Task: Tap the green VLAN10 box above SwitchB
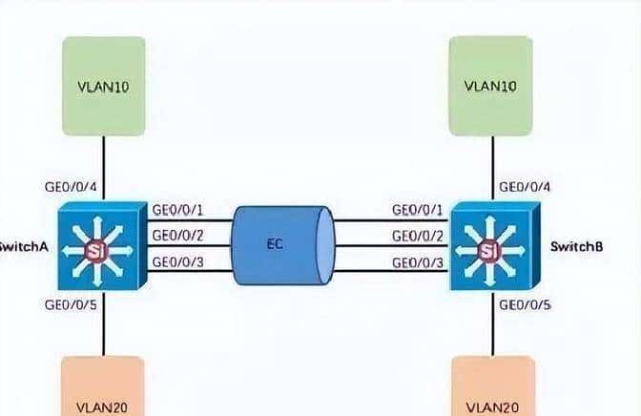click(x=489, y=85)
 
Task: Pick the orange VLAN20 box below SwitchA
click(x=102, y=386)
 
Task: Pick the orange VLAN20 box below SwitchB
click(x=489, y=386)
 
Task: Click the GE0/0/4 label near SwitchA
click(x=71, y=187)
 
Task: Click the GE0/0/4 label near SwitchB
click(x=525, y=187)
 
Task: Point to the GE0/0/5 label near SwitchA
click(x=71, y=306)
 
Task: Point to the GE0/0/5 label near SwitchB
click(x=525, y=306)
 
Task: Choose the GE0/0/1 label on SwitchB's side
click(x=418, y=210)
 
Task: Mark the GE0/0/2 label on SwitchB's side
click(x=418, y=236)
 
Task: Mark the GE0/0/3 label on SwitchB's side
click(x=418, y=261)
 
